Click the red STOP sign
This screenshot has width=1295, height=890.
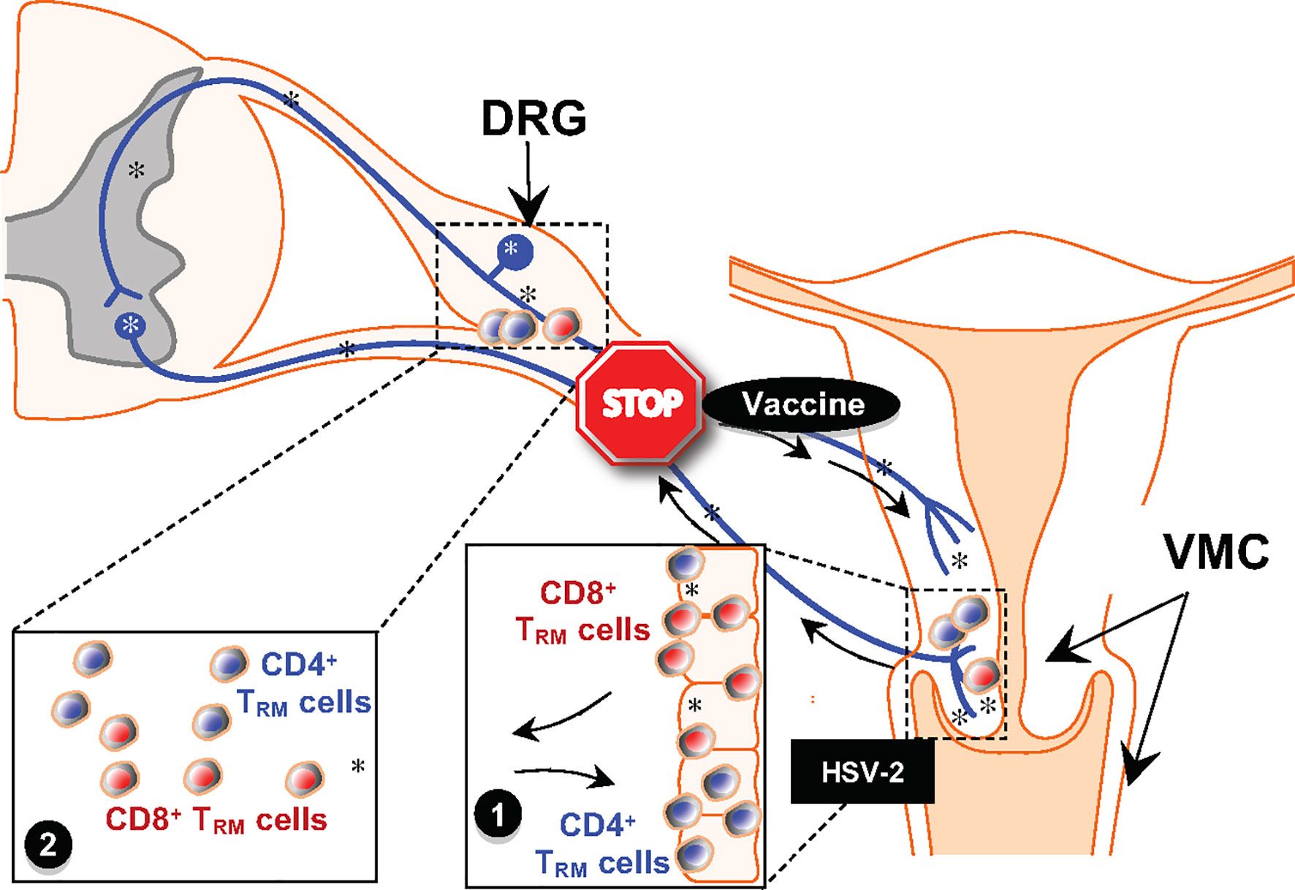(640, 402)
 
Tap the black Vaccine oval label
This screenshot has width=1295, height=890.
(802, 404)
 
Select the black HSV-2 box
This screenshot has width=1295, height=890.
(862, 772)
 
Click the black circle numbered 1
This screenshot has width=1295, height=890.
(498, 815)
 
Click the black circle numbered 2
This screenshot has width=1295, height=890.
(48, 845)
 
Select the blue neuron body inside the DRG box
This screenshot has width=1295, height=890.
(514, 251)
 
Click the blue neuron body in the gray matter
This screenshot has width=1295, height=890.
(130, 325)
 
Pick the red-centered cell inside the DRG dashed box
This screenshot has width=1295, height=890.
(561, 325)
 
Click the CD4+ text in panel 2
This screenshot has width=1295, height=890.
(299, 665)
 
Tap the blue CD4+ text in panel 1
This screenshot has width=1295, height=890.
(597, 826)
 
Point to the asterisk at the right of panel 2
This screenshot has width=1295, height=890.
(357, 766)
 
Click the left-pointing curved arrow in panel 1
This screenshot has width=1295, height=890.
(559, 717)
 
